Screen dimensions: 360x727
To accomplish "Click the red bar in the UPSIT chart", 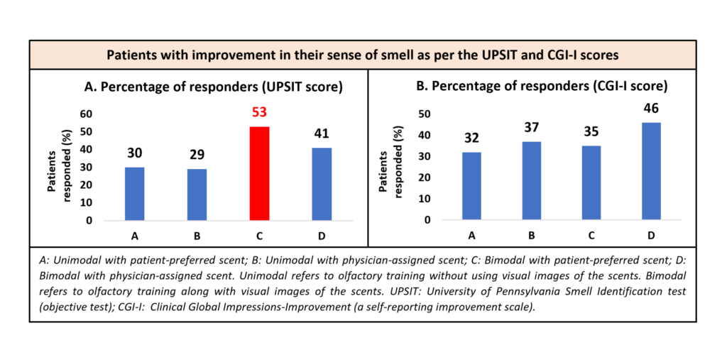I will tap(260, 173).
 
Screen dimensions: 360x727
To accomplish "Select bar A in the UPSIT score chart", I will tap(134, 193).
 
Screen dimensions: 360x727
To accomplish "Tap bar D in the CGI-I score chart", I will tap(650, 171).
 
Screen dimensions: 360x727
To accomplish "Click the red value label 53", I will tap(260, 112).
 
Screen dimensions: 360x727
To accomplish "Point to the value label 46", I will tap(650, 109).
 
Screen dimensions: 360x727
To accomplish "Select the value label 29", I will tap(197, 154).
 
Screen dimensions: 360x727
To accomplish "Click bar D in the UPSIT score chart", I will tap(322, 184).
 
